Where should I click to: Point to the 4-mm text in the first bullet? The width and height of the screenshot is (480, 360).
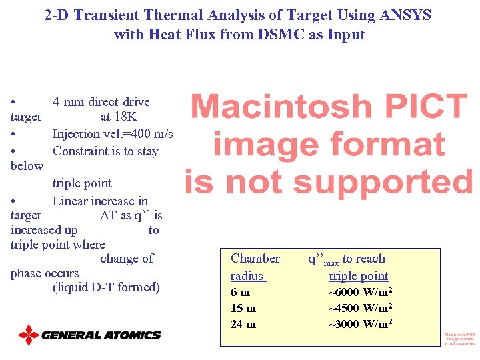click(x=69, y=102)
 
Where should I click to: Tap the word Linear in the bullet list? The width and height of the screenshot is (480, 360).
click(x=71, y=201)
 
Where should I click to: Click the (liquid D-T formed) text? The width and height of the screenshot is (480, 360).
click(x=106, y=287)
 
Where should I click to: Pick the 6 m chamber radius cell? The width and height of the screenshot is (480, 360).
click(x=240, y=292)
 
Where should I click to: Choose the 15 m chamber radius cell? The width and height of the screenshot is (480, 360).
click(x=243, y=308)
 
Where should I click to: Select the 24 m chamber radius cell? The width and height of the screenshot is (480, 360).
click(x=243, y=324)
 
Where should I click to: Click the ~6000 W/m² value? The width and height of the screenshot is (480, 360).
click(x=360, y=292)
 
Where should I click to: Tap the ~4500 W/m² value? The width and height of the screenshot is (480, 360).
click(x=360, y=308)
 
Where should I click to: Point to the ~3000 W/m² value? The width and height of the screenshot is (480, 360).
click(x=360, y=324)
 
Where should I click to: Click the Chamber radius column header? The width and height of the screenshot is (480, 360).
click(x=255, y=267)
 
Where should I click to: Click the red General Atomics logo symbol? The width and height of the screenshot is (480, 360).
click(x=29, y=335)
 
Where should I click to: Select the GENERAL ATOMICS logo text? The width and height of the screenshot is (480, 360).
click(x=101, y=335)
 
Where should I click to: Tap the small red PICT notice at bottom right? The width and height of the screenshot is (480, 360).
click(x=460, y=339)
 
